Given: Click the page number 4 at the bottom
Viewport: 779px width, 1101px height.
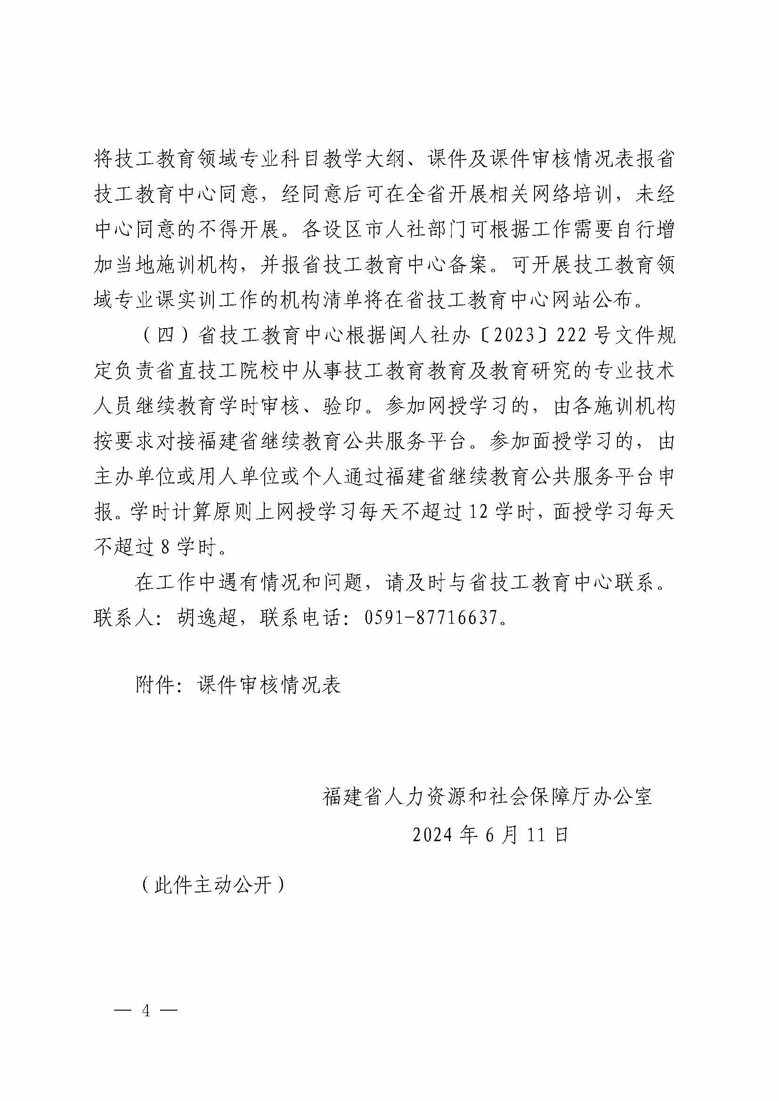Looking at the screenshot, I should coord(146,1010).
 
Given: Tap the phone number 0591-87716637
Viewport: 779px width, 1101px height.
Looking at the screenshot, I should coord(430,617).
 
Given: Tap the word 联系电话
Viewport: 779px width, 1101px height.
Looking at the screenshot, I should coord(301,617).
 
